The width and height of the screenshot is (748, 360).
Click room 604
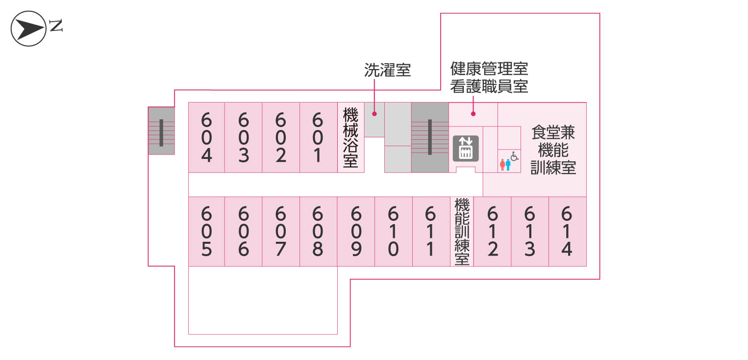[x=206, y=137]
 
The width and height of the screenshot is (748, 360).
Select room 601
[x=318, y=137]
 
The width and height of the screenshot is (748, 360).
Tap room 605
[x=206, y=231]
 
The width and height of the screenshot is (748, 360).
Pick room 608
[x=318, y=231]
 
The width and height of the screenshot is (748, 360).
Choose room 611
[x=430, y=231]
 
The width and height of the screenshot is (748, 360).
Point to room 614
[x=567, y=231]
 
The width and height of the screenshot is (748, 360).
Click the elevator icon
[x=464, y=148]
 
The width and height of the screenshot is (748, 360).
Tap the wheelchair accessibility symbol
[x=514, y=156]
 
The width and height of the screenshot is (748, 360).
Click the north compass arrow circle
[x=28, y=28]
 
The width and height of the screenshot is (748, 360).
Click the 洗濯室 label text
[x=387, y=70]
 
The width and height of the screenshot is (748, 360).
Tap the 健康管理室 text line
[x=489, y=69]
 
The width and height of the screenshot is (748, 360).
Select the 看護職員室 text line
[x=489, y=86]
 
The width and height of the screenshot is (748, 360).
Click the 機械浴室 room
[x=350, y=137]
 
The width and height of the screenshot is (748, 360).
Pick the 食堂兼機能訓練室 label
[x=553, y=150]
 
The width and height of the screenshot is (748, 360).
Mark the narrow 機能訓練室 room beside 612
[x=462, y=231]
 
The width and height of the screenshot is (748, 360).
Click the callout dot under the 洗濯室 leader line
[x=374, y=114]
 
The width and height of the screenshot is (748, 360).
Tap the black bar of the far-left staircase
[x=161, y=132]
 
